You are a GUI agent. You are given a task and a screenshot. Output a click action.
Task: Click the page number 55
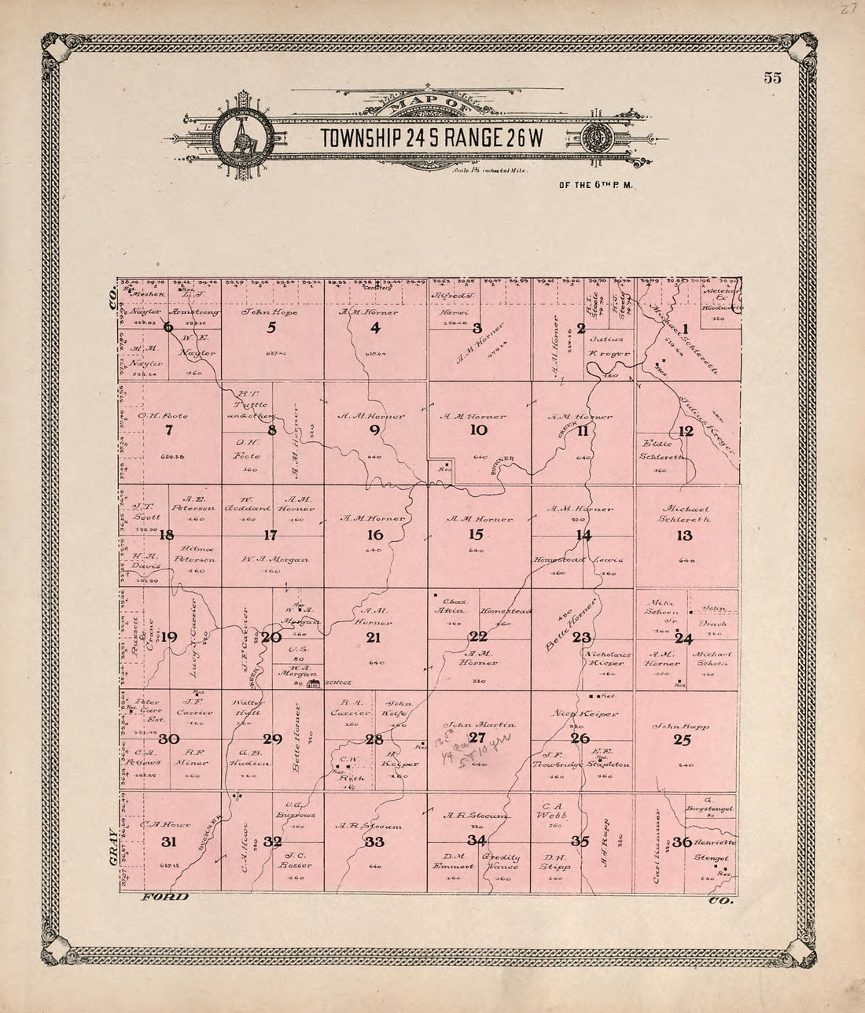771,77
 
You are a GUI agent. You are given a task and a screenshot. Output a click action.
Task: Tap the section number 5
272,328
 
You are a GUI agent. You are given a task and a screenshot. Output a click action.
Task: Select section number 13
684,536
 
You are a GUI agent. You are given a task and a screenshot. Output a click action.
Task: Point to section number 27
477,738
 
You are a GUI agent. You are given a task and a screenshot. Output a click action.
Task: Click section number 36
683,842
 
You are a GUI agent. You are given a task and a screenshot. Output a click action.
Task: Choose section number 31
168,842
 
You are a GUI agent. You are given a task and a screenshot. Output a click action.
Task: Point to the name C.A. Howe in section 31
156,824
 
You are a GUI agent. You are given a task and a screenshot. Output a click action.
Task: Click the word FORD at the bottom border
164,898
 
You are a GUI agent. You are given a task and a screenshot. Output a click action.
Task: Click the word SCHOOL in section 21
340,683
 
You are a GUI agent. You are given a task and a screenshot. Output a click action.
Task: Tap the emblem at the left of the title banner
241,135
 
